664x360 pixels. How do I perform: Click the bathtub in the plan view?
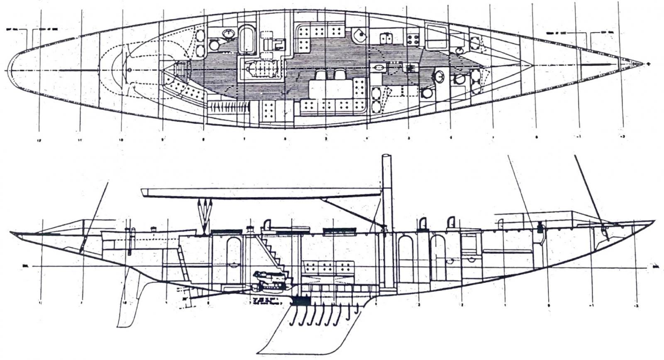click(x=247, y=39)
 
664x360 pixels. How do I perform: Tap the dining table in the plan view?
click(x=331, y=89)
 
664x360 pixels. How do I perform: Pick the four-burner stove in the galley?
click(x=413, y=39)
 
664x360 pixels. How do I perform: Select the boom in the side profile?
click(x=261, y=192)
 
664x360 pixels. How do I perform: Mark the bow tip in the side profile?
click(x=654, y=221)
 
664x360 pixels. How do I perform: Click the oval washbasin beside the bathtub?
click(x=228, y=33)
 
